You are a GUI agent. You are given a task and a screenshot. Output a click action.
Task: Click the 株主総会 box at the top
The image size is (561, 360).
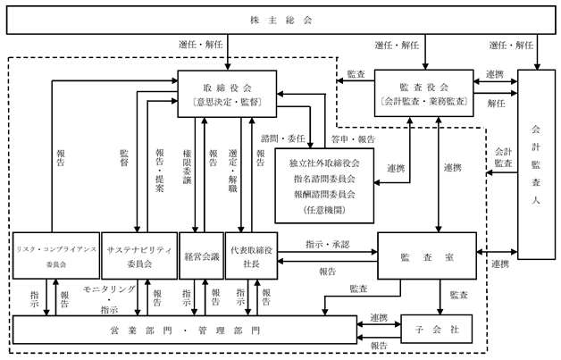tap(280, 20)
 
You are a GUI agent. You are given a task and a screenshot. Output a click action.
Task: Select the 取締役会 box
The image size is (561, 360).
tap(227, 94)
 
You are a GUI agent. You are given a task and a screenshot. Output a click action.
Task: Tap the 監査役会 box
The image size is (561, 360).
tap(424, 93)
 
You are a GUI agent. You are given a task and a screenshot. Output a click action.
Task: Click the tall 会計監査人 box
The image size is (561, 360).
tap(536, 164)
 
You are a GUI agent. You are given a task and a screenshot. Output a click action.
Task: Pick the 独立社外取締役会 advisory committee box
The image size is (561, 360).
tap(324, 186)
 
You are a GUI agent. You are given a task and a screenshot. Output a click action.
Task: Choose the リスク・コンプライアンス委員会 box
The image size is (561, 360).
tap(56, 255)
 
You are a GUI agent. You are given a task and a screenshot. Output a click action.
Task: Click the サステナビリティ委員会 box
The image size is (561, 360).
tap(139, 255)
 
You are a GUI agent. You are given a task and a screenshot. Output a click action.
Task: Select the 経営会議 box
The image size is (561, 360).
tap(201, 255)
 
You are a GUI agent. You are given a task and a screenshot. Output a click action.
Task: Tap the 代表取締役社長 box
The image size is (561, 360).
tap(252, 255)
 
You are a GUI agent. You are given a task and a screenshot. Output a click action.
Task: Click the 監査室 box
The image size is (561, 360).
tap(427, 255)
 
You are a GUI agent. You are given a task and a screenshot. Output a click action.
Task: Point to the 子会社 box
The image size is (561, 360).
tap(437, 329)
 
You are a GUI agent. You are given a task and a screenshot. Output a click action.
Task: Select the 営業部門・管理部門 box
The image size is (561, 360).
tap(185, 330)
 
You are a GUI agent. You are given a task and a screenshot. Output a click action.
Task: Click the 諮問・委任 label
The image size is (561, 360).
tap(282, 138)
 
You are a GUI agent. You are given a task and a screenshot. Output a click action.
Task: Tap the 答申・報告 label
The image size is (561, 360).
tap(353, 139)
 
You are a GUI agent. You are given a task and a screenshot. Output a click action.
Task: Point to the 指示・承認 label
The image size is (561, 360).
tap(327, 245)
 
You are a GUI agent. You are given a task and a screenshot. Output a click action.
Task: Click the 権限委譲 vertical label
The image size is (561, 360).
tap(187, 167)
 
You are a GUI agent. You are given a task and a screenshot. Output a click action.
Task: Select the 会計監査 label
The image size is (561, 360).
tap(504, 157)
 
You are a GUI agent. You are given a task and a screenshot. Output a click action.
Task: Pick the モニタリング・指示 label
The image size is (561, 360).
tap(109, 299)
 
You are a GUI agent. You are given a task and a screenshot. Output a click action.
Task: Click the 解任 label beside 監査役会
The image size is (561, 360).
tap(497, 104)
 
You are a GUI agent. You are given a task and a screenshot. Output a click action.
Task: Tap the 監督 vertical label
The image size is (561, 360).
tap(124, 158)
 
